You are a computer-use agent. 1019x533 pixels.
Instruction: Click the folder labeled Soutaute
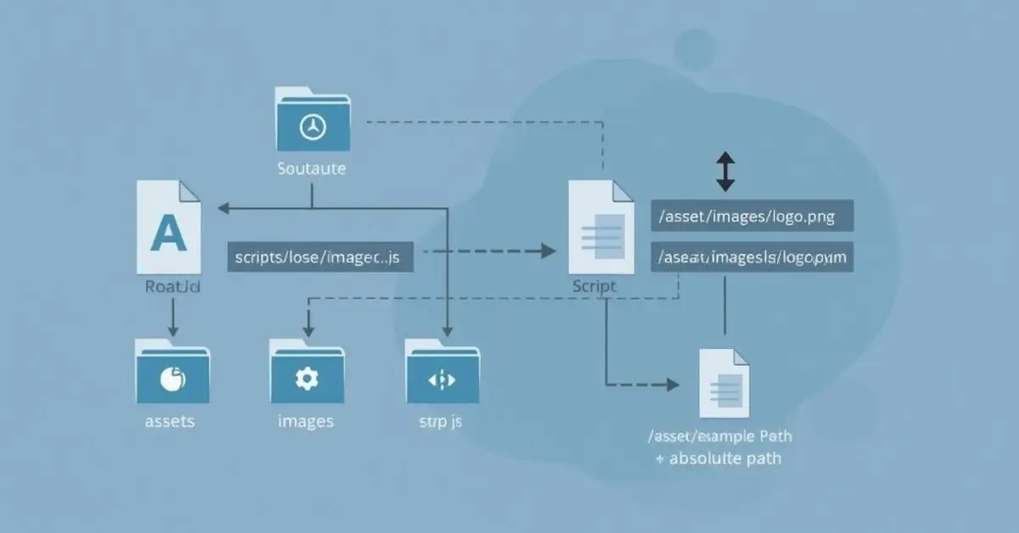312,120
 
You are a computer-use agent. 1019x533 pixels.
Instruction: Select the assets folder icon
172,373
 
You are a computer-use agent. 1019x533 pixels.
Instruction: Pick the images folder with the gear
306,373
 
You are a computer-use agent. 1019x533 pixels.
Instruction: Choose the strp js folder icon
442,373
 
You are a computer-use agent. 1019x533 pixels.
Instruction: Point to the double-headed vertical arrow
725,172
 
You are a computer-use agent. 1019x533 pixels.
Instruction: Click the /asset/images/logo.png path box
752,216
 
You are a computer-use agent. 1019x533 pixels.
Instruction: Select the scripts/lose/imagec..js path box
320,256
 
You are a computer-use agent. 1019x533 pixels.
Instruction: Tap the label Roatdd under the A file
172,287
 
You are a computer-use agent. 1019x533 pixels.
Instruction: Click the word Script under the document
594,287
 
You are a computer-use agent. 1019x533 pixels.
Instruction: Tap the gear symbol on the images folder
306,379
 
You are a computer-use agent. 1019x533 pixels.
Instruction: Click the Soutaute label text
312,168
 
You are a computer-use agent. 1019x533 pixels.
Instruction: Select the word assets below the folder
170,421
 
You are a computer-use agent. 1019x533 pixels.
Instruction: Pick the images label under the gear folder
306,421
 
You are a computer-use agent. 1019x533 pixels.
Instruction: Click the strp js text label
441,421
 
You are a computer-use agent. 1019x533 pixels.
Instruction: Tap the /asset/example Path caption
720,436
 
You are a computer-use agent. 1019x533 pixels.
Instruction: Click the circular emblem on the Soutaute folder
312,127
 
